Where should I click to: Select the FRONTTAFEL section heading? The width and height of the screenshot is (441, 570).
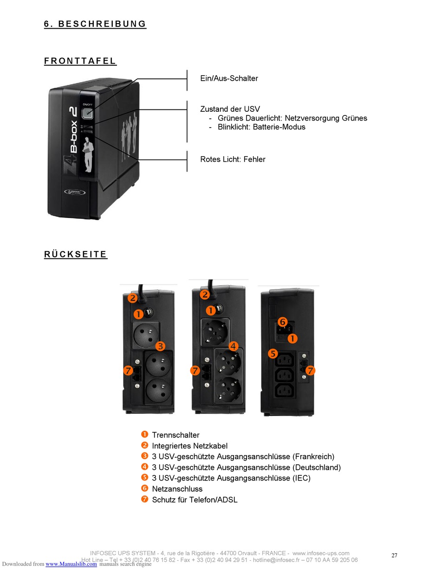tap(80, 61)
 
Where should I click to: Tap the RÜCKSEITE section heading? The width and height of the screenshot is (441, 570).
tap(76, 255)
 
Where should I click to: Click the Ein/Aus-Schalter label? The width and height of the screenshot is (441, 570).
tap(229, 78)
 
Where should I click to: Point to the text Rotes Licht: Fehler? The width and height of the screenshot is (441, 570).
tap(233, 160)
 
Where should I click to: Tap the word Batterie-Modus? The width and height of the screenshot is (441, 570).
tap(279, 127)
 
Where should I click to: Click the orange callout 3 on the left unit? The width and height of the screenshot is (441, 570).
tap(160, 346)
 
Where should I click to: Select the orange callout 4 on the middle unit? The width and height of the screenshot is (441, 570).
tap(233, 346)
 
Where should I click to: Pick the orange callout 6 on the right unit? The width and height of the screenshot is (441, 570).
tap(282, 322)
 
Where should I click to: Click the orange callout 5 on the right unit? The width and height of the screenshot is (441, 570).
tap(273, 354)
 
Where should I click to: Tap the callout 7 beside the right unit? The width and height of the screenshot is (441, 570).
tap(311, 370)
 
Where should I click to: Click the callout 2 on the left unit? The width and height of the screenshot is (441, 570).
tap(132, 298)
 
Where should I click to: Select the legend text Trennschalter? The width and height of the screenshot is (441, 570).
tap(175, 435)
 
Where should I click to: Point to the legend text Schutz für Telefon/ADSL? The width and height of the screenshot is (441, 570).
tap(195, 500)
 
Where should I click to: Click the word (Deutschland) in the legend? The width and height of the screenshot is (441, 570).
tap(317, 468)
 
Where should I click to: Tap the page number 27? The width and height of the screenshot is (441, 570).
tap(394, 555)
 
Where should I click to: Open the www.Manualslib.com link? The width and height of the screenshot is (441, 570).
tap(71, 564)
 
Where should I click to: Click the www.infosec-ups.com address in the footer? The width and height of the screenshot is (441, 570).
tap(321, 553)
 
